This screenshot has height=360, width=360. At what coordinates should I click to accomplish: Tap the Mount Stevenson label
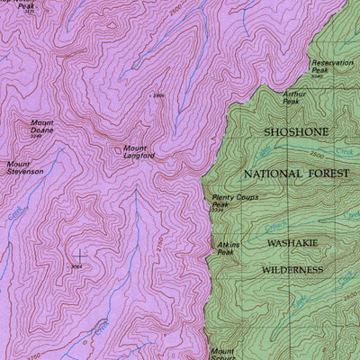point(25,167)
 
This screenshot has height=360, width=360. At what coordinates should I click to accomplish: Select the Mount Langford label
point(139,151)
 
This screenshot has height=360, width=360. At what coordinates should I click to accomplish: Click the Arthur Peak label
point(294,97)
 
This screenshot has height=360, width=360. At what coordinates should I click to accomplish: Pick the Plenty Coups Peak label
point(229,202)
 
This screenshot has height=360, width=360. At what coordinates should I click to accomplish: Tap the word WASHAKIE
point(293,243)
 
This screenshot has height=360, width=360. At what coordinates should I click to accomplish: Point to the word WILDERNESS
point(292,269)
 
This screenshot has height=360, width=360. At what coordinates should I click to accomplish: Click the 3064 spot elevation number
point(76,267)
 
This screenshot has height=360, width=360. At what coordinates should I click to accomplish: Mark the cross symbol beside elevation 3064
point(79,256)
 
